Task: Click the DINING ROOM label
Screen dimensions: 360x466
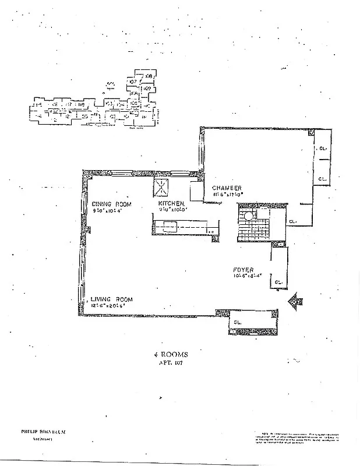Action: (111, 204)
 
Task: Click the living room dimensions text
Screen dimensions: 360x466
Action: (108, 305)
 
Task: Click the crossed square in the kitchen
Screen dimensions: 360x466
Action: (161, 188)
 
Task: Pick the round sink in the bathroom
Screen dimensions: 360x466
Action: (249, 216)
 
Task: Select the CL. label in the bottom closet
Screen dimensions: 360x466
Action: (238, 322)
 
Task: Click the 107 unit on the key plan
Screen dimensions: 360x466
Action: (132, 81)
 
